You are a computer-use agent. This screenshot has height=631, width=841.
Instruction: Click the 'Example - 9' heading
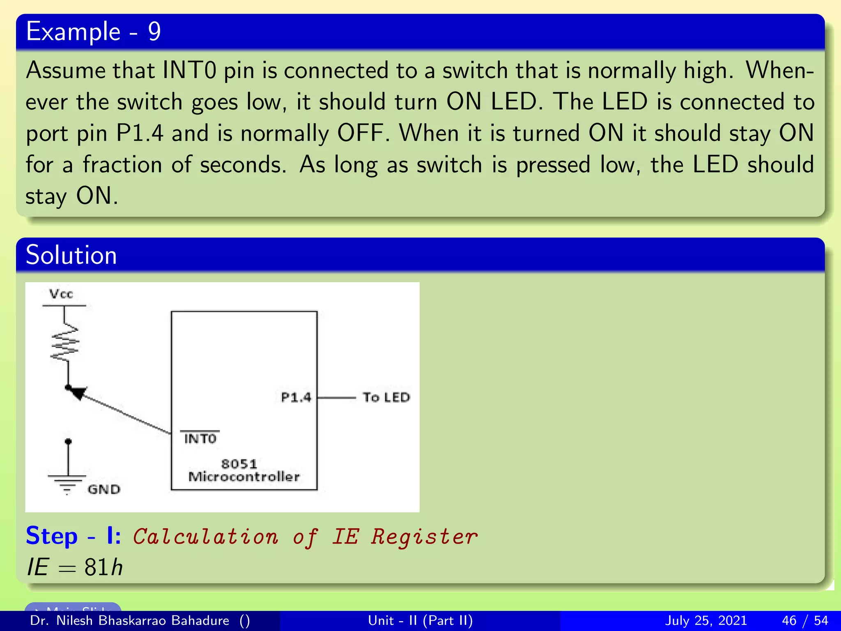click(x=93, y=32)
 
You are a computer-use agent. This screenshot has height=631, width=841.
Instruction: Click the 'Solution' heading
click(x=71, y=255)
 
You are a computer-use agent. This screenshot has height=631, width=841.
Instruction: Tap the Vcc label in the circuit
click(x=61, y=294)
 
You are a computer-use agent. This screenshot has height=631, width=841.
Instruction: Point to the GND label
click(x=104, y=489)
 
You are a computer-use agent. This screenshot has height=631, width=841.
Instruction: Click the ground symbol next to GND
click(x=67, y=483)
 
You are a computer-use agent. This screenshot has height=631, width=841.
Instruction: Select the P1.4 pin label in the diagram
click(x=296, y=398)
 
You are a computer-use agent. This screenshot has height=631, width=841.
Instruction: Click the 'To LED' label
click(x=386, y=398)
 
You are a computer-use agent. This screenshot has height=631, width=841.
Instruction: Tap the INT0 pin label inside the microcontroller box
click(x=200, y=439)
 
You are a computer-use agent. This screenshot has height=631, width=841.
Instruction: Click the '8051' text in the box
click(x=239, y=464)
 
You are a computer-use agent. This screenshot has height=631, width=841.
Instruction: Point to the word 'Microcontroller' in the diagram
click(x=244, y=477)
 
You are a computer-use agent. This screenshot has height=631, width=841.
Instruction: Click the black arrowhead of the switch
click(x=78, y=392)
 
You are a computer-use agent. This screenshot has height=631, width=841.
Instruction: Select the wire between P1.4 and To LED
click(x=337, y=398)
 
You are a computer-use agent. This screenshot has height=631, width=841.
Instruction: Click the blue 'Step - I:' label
click(x=73, y=536)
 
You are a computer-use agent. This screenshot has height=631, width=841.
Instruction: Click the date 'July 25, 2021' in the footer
click(x=705, y=620)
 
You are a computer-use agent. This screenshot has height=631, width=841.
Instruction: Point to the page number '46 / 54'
click(x=805, y=620)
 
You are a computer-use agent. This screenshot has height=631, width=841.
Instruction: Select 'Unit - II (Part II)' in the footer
click(x=420, y=620)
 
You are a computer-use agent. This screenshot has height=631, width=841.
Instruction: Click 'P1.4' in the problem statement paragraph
click(x=140, y=134)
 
